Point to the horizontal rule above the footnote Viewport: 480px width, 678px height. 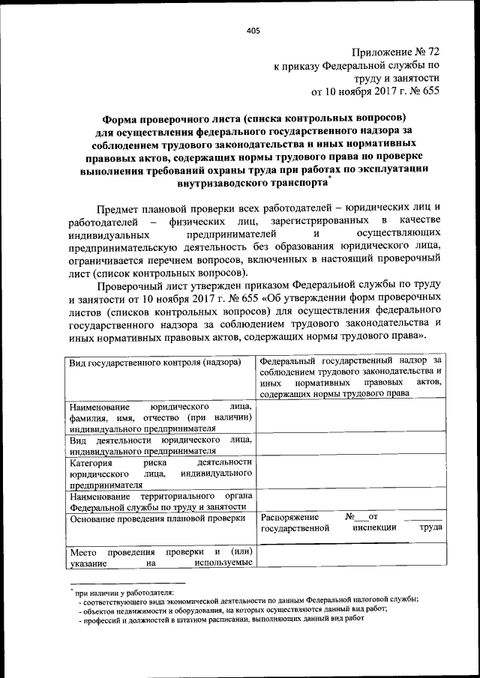point(127,581)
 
